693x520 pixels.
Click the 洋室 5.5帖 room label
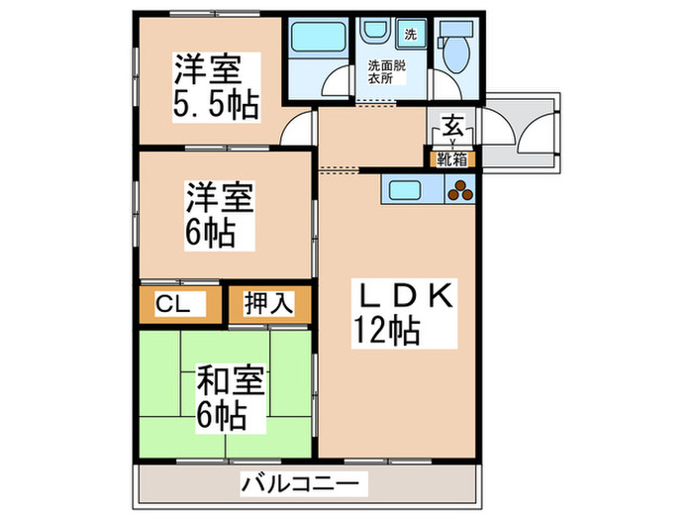217,86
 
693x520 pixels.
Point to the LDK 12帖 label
400,311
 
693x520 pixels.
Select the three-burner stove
460,190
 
